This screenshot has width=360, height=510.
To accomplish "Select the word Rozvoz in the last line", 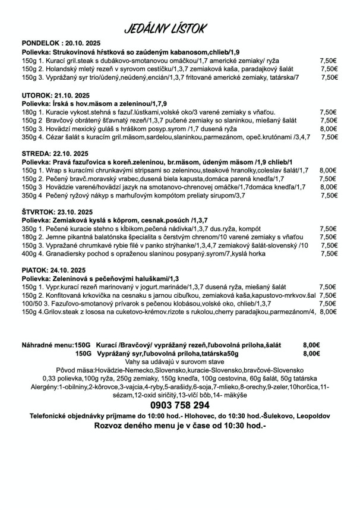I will coord(109,426).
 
